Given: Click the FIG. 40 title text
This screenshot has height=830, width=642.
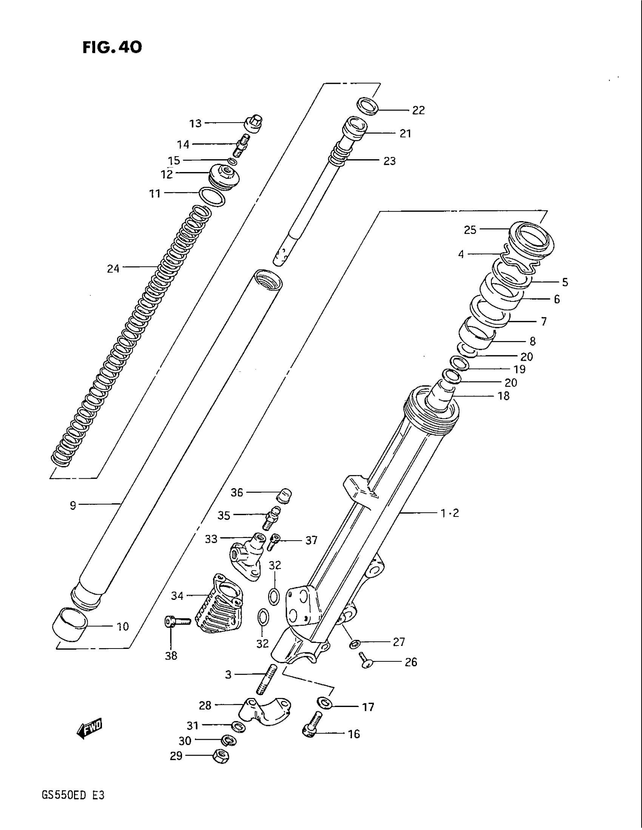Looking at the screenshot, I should [x=112, y=47].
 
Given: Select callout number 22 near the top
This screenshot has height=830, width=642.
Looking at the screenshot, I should [x=418, y=110].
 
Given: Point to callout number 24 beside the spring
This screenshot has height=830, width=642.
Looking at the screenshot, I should [x=113, y=269].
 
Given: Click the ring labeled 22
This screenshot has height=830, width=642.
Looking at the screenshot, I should [x=368, y=106].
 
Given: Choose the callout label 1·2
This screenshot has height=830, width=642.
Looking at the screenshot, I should [x=449, y=513].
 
